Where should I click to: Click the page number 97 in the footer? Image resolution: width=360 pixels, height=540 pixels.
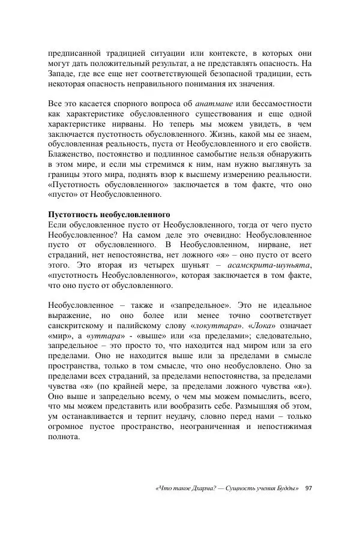pyautogui.click(x=308, y=488)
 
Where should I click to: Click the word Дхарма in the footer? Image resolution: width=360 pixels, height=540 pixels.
pyautogui.click(x=206, y=488)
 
